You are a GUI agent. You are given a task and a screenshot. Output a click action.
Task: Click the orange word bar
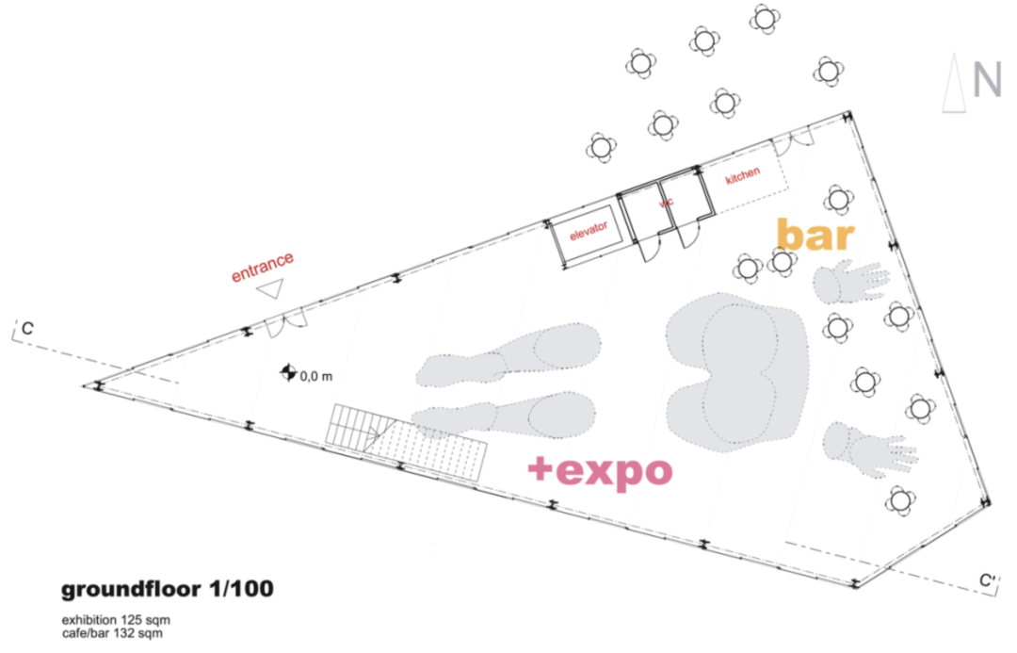pyautogui.click(x=815, y=236)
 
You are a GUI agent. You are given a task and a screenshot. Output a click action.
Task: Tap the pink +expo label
pyautogui.click(x=601, y=468)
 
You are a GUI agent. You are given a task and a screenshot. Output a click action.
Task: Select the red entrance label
pyautogui.click(x=264, y=266)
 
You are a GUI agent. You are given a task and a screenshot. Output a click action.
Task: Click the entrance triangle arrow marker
pyautogui.click(x=271, y=289)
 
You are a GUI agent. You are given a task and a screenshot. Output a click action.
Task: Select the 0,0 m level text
pyautogui.click(x=317, y=377)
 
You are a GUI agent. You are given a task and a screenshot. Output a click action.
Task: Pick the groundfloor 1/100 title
pyautogui.click(x=168, y=591)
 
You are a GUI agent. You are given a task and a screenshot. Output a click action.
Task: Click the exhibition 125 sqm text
pyautogui.click(x=116, y=620)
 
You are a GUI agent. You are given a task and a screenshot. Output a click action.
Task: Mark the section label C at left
pyautogui.click(x=28, y=329)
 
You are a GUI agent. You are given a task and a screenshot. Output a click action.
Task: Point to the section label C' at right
pyautogui.click(x=986, y=581)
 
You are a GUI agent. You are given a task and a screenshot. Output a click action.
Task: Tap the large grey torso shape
pyautogui.click(x=735, y=369)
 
